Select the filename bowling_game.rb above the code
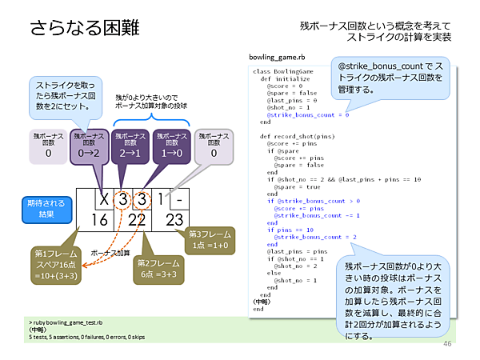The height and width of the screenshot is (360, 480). tap(278, 58)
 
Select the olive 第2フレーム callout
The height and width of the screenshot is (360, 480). tap(157, 266)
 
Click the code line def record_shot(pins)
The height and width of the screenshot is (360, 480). tap(291, 136)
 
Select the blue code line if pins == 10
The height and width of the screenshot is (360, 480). tap(289, 230)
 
